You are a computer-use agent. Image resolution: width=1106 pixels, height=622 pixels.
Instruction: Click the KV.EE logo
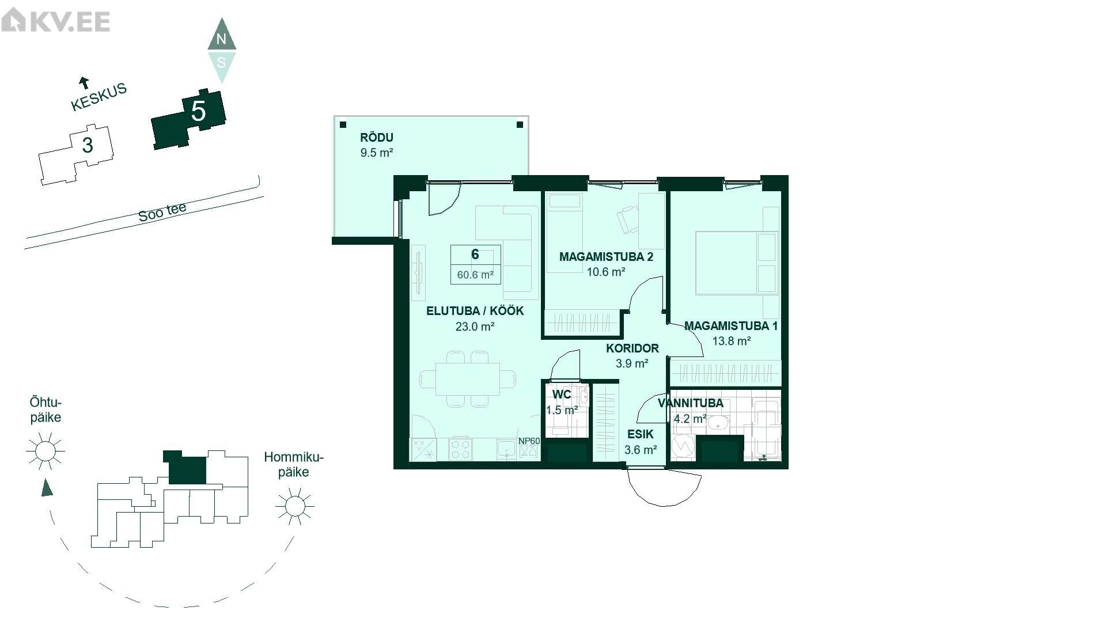coord(56,21)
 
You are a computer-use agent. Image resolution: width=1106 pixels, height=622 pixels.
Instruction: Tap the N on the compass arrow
coord(221,39)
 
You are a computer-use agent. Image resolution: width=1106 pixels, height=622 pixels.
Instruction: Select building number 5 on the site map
coord(198,111)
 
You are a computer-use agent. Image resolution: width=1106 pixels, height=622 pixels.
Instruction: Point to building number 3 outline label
coord(88,145)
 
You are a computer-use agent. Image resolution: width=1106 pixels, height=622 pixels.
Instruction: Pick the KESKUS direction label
coord(99,97)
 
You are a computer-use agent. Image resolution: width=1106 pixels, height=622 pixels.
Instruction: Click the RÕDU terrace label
coord(377,138)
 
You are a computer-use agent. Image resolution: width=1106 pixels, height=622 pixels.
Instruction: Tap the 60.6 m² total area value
coord(475,275)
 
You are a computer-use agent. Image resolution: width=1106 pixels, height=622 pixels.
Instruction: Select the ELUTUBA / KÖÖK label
coord(475,311)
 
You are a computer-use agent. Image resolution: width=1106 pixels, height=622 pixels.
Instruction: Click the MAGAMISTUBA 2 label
coord(606,257)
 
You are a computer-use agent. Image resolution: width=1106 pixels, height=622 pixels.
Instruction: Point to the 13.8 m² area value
coord(732,341)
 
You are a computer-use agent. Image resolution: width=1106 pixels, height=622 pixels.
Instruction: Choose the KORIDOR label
coord(632,348)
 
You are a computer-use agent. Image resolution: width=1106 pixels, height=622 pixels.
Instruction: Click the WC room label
coord(562,395)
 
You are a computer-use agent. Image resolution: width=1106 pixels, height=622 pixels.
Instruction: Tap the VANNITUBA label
coord(691,403)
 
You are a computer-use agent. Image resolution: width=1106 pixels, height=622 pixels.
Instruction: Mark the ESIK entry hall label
coord(641,435)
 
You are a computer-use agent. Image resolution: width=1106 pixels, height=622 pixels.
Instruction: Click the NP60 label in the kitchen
coord(529,441)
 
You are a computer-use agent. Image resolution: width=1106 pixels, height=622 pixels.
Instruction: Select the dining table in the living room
coord(468,379)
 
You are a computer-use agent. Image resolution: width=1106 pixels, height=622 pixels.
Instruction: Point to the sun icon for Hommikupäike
coord(294,506)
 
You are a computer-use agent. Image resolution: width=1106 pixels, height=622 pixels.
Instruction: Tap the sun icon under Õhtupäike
coord(46,450)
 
